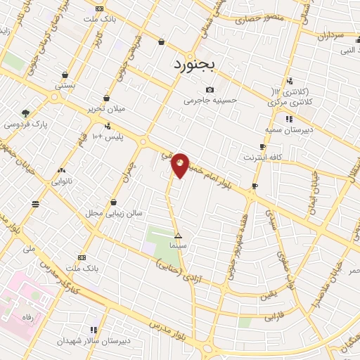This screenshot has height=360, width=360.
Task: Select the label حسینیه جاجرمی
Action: pyautogui.click(x=211, y=101)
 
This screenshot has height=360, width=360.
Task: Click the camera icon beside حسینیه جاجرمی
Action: pyautogui.click(x=210, y=89)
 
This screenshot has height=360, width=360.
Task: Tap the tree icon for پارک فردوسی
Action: pyautogui.click(x=26, y=112)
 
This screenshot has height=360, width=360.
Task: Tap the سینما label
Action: pyautogui.click(x=178, y=247)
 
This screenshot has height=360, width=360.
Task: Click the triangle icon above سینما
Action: pyautogui.click(x=178, y=236)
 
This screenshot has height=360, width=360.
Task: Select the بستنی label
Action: pyautogui.click(x=65, y=84)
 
